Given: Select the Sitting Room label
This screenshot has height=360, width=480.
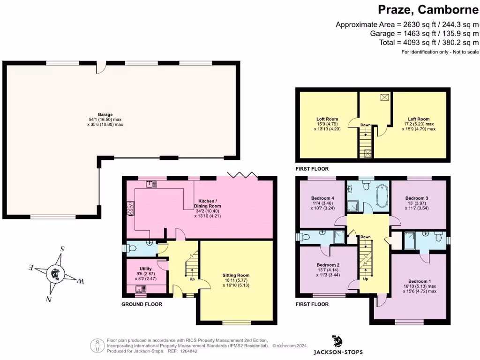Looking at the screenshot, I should point(236,275).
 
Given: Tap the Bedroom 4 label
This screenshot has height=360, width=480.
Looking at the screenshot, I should point(322,198).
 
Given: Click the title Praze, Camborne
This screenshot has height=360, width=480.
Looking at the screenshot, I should point(428,9).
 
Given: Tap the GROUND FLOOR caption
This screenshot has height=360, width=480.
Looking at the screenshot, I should point(142,304).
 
